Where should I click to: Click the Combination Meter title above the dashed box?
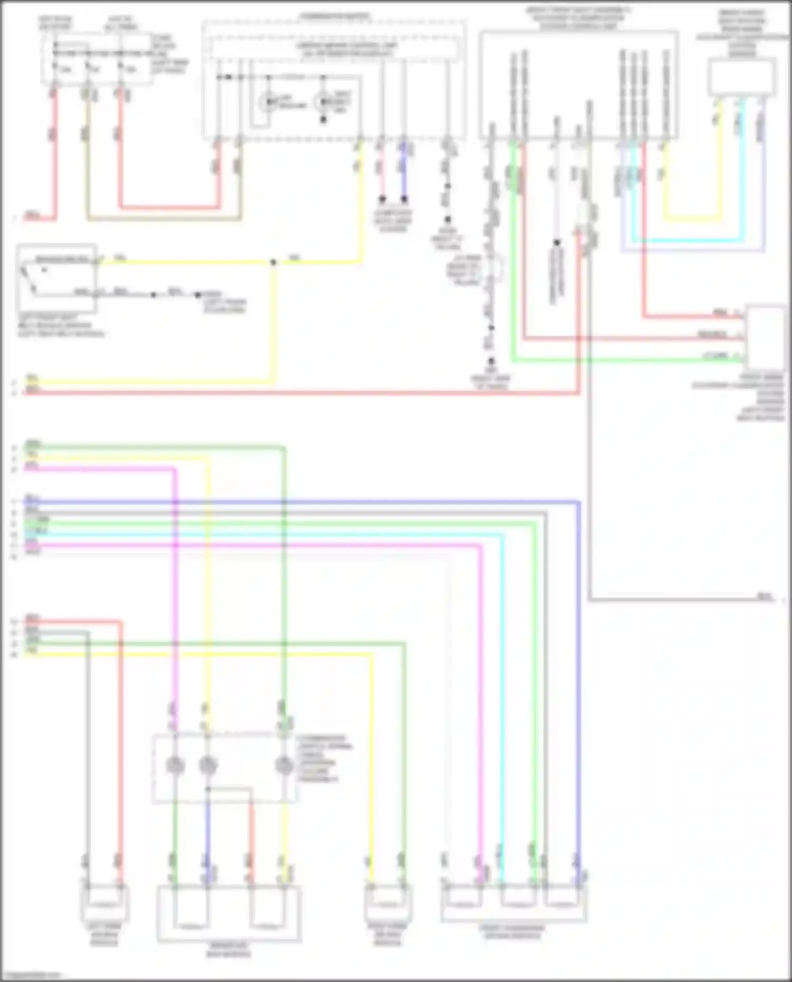[x=335, y=16]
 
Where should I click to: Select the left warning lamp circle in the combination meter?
[x=269, y=100]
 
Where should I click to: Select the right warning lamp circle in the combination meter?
[x=323, y=100]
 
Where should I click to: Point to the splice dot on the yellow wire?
[x=273, y=262]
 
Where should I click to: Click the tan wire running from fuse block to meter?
[x=164, y=218]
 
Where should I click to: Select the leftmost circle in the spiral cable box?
[x=175, y=765]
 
